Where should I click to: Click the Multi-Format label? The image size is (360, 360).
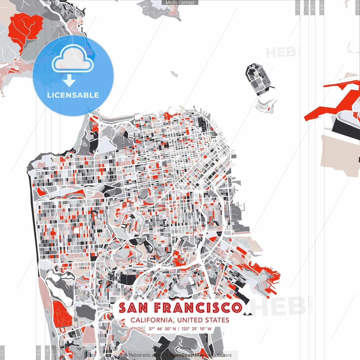click(180, 3)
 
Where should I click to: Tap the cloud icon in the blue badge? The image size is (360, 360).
click(73, 59)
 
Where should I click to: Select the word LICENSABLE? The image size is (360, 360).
click(73, 95)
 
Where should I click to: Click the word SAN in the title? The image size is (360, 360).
click(133, 308)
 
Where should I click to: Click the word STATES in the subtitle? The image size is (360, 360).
click(217, 320)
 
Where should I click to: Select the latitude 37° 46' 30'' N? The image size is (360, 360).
click(162, 329)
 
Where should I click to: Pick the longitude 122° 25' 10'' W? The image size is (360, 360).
click(196, 329)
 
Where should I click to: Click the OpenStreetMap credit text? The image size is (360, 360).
click(187, 355)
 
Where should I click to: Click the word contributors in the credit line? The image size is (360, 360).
click(219, 355)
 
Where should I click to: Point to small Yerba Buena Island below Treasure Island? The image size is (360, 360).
click(265, 106)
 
